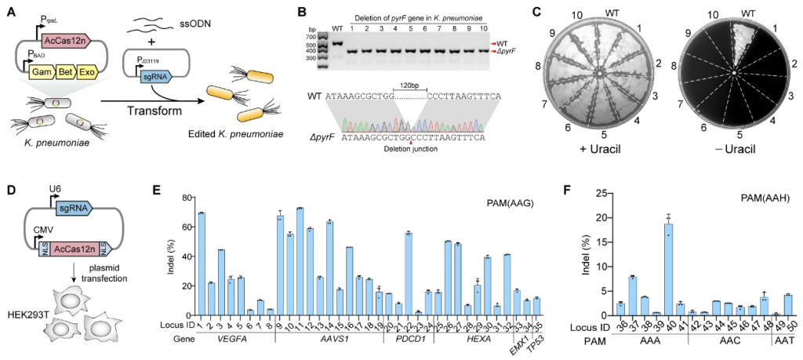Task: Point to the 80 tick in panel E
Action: click(x=186, y=200)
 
